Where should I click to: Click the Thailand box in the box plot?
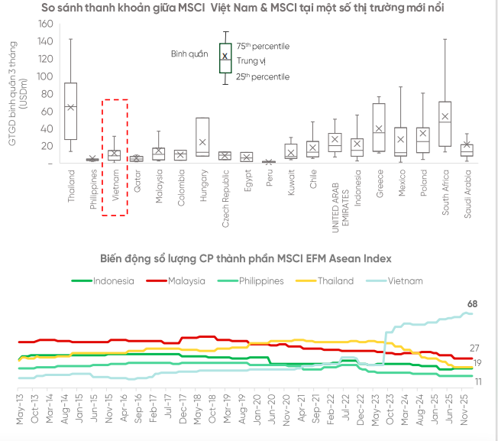[x=70, y=111]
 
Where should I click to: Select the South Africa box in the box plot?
[x=445, y=123]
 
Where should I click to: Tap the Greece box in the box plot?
[x=378, y=127]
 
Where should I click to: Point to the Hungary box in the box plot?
[x=202, y=137]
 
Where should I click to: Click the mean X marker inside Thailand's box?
[x=70, y=107]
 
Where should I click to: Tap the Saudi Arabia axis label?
[x=467, y=193]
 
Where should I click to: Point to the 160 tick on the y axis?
[x=45, y=24]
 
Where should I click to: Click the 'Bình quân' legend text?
[x=189, y=54]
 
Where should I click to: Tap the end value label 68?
[x=473, y=305]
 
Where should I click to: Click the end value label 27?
[x=474, y=348]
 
